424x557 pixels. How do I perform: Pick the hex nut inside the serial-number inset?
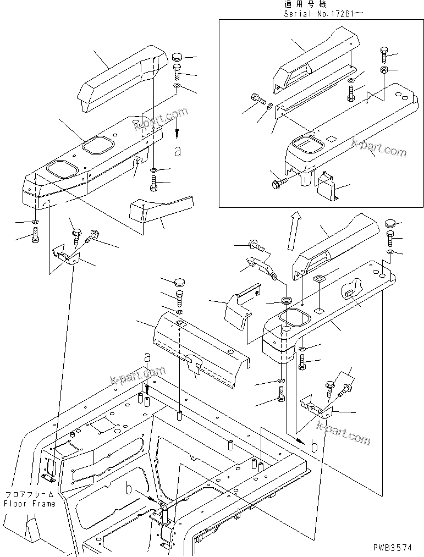384,70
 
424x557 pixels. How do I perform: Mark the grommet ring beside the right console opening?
287,301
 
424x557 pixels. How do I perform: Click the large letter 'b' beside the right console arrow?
314,445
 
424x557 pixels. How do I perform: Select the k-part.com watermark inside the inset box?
379,148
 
